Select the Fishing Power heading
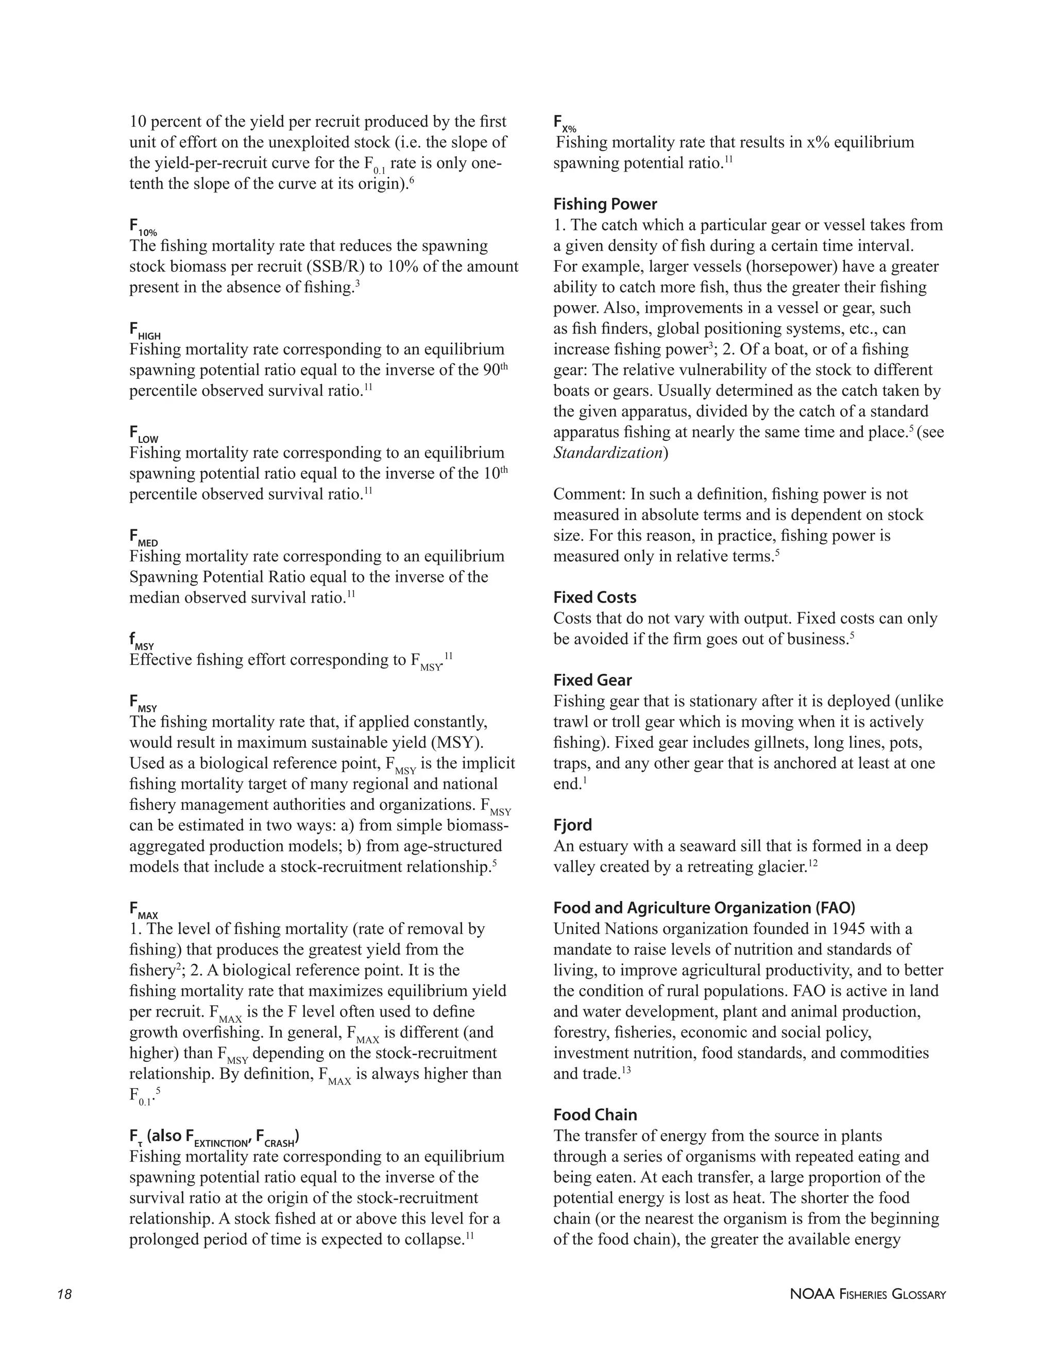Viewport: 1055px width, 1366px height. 604,204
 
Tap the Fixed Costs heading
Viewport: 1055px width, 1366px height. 594,597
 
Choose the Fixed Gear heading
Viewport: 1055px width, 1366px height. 592,680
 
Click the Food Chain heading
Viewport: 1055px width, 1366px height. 594,1114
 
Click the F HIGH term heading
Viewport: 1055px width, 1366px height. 144,331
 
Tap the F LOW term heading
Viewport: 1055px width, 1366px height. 144,434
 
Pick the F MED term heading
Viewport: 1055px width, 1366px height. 143,538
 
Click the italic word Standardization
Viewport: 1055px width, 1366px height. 607,452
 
